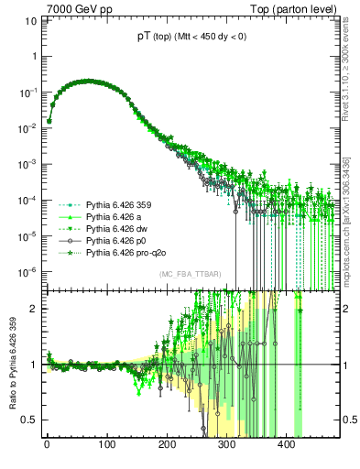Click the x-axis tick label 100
pyautogui.click(x=106, y=445)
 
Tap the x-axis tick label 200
pyautogui.click(x=167, y=445)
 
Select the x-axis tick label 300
pyautogui.click(x=226, y=445)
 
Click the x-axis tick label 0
pyautogui.click(x=47, y=445)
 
